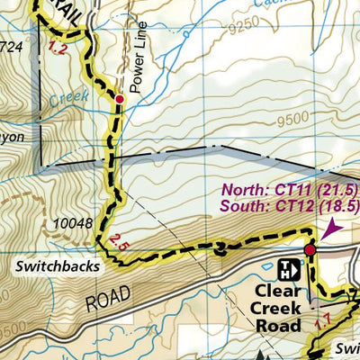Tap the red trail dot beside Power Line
119,99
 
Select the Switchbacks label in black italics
58,266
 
